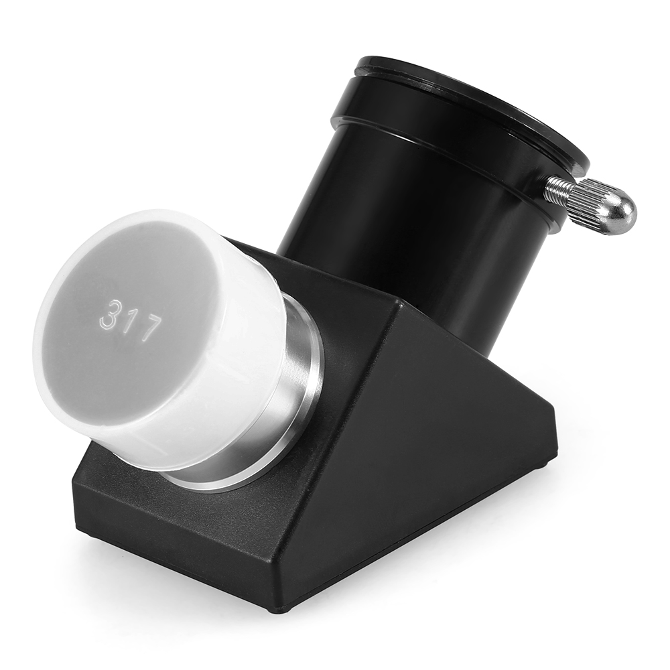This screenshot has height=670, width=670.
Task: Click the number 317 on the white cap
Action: tap(131, 320)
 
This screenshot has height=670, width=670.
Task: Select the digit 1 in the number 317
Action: tap(130, 320)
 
